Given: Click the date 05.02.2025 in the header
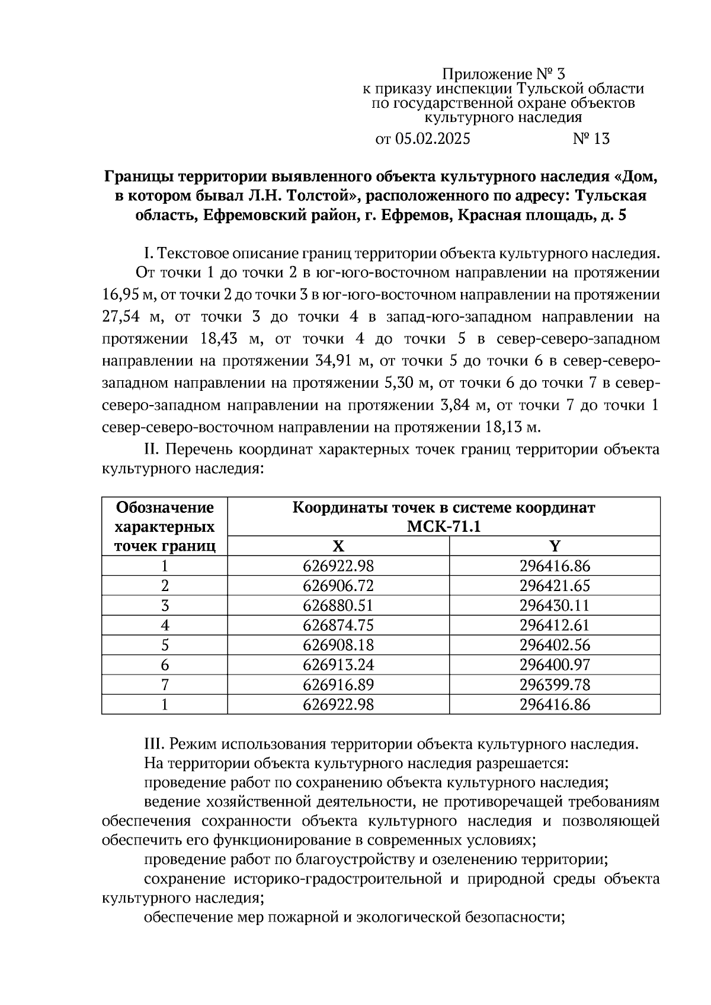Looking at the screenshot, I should click(x=432, y=139).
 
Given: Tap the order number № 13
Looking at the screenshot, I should click(x=591, y=139).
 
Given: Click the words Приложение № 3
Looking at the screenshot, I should click(x=504, y=74).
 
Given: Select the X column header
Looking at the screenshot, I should click(x=338, y=546).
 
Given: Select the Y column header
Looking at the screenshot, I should click(x=555, y=546).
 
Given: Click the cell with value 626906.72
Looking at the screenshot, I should click(x=338, y=586).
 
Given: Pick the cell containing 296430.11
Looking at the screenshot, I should click(x=555, y=606).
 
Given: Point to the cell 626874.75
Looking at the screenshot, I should click(x=338, y=625).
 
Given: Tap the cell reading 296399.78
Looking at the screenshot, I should click(x=555, y=685).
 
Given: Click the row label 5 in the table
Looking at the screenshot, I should click(x=165, y=645).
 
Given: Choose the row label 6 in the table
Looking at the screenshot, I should click(x=165, y=665).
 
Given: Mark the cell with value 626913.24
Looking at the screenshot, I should click(x=338, y=665).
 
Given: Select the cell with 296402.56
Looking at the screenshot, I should click(x=555, y=645).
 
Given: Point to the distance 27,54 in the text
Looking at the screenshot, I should click(x=120, y=317).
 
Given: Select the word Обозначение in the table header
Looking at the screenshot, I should click(x=165, y=508).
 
